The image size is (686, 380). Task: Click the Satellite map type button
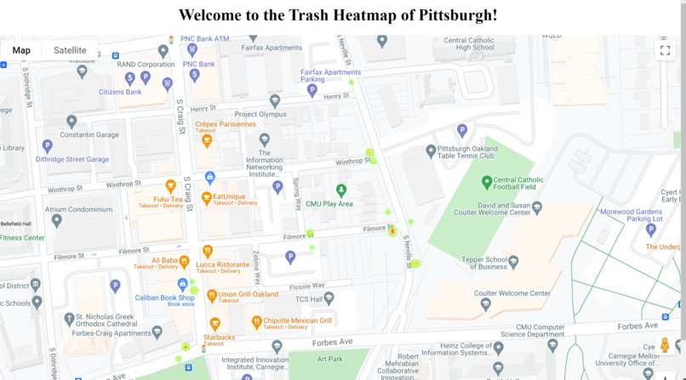tap(70, 50)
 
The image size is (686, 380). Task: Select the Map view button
tap(21, 50)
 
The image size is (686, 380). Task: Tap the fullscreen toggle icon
tap(665, 51)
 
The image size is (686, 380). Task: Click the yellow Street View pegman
tap(665, 344)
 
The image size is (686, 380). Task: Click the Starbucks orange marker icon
tap(215, 324)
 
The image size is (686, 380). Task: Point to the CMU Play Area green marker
tap(341, 190)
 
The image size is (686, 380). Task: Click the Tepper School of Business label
tap(484, 263)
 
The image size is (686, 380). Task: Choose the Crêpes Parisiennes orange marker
tap(206, 140)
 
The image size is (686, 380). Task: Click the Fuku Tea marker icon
tap(171, 186)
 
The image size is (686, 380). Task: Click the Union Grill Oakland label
tap(249, 294)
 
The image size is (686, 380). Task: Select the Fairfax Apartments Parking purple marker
tap(312, 89)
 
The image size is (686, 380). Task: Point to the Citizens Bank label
tap(120, 92)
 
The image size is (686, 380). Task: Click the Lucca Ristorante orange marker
tap(207, 251)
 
